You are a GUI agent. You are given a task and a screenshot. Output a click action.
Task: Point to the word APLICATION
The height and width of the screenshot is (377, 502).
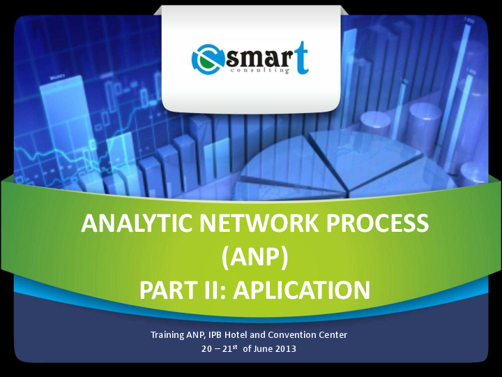[301, 289]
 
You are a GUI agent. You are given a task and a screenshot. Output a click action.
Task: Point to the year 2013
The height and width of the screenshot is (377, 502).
[285, 348]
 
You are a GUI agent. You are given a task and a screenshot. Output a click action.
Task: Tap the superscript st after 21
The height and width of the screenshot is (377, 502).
[236, 346]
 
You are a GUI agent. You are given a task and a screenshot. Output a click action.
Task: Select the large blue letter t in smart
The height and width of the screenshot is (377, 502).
[301, 57]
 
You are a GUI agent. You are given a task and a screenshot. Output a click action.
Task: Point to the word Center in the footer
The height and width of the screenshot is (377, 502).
[333, 335]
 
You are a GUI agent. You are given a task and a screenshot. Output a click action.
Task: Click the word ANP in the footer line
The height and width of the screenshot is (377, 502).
[195, 335]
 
